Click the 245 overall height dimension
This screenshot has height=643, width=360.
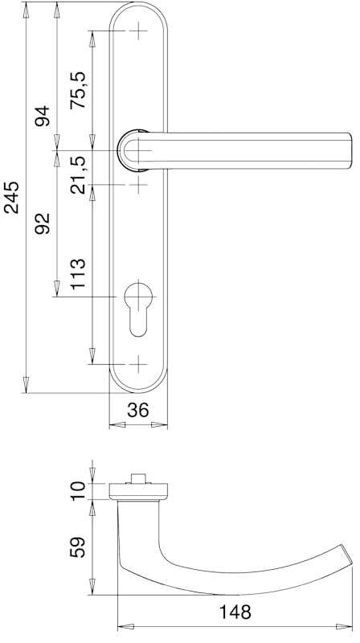(11, 197)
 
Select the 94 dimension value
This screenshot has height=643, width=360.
(42, 116)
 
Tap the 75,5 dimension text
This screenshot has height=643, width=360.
(77, 90)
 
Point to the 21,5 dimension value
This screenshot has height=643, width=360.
(77, 175)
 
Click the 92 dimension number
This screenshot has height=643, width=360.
(42, 223)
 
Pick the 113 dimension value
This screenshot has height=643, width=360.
(77, 274)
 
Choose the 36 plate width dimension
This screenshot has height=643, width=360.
(137, 410)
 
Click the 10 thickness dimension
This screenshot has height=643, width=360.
(77, 491)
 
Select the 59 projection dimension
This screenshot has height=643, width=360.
(77, 547)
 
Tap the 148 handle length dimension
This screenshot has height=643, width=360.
(235, 612)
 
